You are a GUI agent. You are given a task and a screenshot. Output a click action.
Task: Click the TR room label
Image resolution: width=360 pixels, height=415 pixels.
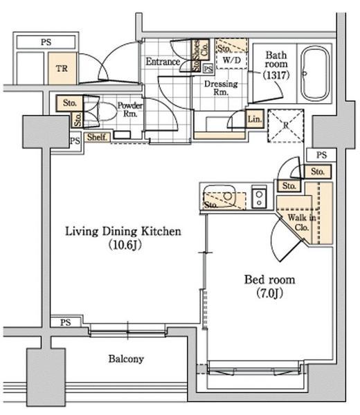click(62, 68)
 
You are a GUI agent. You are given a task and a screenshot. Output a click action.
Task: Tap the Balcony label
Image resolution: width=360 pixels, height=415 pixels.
click(126, 359)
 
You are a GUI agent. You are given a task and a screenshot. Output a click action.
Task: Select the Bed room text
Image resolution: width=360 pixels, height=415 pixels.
click(269, 279)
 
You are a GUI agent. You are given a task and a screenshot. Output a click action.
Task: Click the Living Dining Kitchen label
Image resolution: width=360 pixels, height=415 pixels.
click(123, 231)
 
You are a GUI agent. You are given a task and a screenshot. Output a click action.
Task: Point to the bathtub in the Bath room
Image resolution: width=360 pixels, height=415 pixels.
click(314, 73)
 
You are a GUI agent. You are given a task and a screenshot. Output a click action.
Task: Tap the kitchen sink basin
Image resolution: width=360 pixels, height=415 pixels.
click(219, 196)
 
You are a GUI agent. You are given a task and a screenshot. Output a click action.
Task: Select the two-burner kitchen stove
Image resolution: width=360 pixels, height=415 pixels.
click(259, 199)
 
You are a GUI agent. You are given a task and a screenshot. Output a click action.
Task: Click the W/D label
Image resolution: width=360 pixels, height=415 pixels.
click(232, 60)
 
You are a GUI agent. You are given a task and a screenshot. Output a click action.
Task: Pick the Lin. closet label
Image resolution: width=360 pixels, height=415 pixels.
click(255, 119)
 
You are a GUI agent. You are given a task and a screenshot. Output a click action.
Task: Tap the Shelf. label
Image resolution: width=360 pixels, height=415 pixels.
click(97, 137)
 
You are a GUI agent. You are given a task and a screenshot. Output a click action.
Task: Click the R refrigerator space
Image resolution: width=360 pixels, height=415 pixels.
click(285, 125)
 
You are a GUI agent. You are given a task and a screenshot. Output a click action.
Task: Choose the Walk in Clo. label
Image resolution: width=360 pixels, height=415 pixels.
click(302, 222)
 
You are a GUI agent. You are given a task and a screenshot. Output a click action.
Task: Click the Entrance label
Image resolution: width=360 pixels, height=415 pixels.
click(163, 62)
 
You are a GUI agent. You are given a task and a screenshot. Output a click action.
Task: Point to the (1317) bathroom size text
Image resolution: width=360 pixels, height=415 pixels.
click(276, 75)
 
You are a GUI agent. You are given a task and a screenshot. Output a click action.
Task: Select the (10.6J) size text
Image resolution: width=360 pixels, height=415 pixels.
click(125, 245)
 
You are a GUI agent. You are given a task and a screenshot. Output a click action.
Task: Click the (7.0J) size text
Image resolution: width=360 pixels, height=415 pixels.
click(270, 293)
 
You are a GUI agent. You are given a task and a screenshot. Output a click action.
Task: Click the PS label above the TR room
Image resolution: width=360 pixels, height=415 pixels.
click(46, 42)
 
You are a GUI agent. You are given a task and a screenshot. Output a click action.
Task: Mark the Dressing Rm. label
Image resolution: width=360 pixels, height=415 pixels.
click(221, 88)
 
